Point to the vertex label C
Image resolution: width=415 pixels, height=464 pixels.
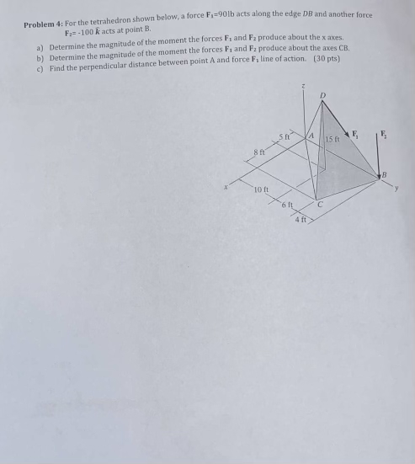(x=321, y=202)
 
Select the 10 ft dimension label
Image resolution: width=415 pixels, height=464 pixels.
(x=261, y=189)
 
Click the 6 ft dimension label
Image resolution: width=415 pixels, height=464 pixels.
(x=287, y=205)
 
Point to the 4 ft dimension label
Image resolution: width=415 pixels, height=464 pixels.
(x=301, y=220)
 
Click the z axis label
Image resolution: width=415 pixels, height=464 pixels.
(x=304, y=87)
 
